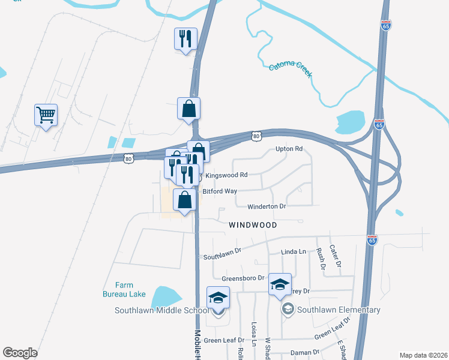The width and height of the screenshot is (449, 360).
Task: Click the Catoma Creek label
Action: pyautogui.click(x=291, y=70)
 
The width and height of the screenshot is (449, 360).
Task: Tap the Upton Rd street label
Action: pyautogui.click(x=289, y=149)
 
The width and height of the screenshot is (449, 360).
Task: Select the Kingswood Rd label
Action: pyautogui.click(x=226, y=175)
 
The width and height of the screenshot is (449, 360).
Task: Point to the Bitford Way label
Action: pyautogui.click(x=220, y=191)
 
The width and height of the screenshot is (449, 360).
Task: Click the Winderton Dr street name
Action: pyautogui.click(x=267, y=206)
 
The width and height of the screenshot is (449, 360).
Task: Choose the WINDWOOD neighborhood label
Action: pyautogui.click(x=253, y=225)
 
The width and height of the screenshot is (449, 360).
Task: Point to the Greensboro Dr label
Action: pyautogui.click(x=243, y=278)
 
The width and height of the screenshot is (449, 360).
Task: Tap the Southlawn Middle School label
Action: pyautogui.click(x=162, y=310)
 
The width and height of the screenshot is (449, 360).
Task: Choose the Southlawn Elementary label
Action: pyautogui.click(x=338, y=310)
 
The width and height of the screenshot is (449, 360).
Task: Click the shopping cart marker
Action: pyautogui.click(x=46, y=114)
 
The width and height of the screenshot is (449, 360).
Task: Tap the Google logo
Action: pyautogui.click(x=20, y=353)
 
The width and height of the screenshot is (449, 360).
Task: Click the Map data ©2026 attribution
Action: pyautogui.click(x=423, y=355)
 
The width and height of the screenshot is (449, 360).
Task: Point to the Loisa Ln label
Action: pyautogui.click(x=254, y=335)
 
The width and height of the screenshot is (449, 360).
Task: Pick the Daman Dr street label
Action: pyautogui.click(x=304, y=352)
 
